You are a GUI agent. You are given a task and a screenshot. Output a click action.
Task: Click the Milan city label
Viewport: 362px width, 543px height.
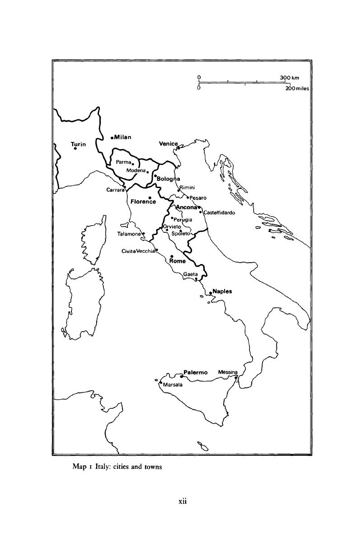point(122,137)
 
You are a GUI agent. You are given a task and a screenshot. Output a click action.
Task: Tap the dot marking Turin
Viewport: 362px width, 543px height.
point(75,148)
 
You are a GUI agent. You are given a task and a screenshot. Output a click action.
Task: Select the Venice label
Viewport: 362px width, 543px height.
point(168,144)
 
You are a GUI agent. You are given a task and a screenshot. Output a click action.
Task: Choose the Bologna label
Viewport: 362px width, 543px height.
point(168,179)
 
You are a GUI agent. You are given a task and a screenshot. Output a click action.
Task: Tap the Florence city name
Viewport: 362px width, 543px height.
point(143,202)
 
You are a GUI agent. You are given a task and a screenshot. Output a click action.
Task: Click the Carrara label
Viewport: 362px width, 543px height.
point(115,190)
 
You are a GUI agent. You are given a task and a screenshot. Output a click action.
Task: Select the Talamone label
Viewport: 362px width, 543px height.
point(129,234)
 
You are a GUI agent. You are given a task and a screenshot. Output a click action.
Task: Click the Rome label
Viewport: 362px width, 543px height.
point(178,261)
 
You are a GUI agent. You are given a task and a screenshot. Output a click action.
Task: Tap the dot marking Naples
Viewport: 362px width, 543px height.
point(211,293)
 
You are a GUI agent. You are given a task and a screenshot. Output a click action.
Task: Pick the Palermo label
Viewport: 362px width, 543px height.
point(195,373)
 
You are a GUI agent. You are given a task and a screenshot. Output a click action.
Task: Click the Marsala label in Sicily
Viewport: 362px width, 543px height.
point(172,385)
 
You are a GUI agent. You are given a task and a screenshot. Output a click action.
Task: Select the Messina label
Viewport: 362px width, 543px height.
point(228,372)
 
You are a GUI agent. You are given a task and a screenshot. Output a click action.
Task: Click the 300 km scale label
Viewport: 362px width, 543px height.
point(290,78)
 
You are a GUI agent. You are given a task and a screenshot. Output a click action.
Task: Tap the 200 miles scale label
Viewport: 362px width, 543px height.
point(297,89)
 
